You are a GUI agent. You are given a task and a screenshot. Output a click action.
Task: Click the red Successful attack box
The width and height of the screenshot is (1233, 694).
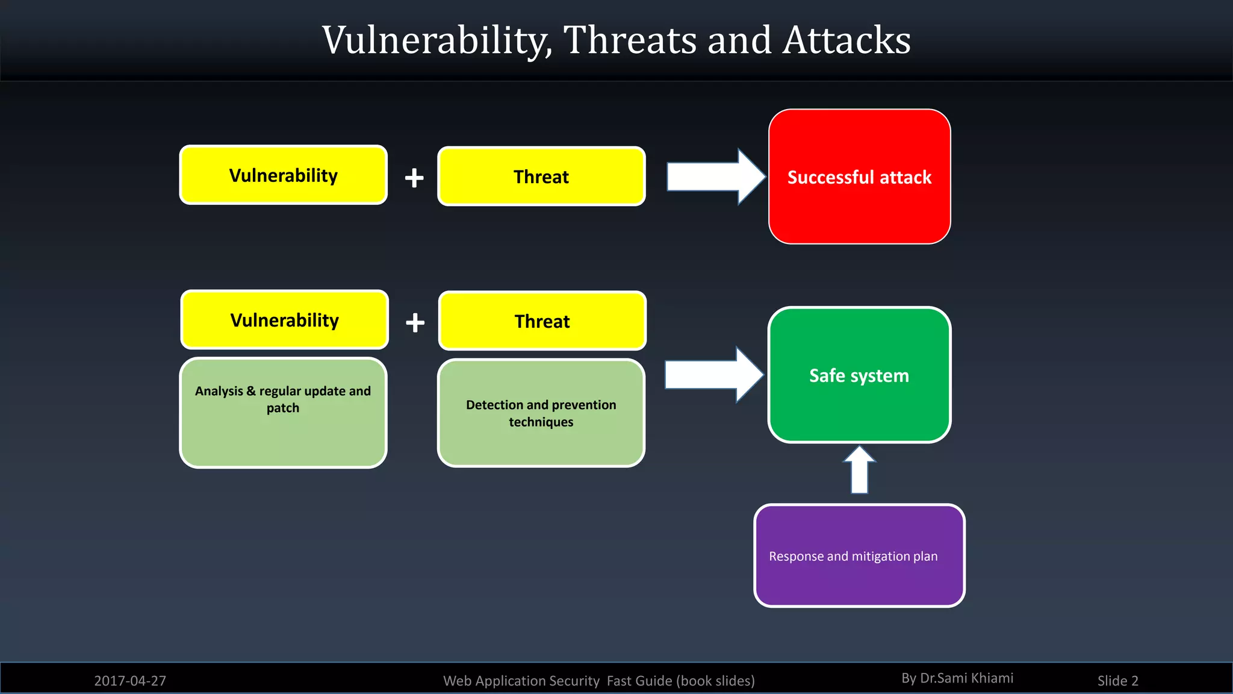(859, 177)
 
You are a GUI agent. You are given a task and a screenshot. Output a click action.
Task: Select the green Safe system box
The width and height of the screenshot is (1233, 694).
(859, 375)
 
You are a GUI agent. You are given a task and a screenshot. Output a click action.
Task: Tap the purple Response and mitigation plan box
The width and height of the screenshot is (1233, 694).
(859, 555)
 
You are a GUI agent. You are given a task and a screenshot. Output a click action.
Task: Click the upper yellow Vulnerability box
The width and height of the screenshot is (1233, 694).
(283, 175)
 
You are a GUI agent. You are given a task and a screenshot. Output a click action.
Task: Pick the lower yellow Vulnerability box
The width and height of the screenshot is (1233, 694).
(284, 319)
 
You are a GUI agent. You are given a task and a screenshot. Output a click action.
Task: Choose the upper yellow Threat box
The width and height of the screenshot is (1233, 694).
(541, 176)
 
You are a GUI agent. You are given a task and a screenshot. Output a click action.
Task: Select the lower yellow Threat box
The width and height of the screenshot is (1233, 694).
(542, 320)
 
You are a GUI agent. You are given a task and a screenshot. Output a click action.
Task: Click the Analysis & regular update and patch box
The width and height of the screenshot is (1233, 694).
(283, 413)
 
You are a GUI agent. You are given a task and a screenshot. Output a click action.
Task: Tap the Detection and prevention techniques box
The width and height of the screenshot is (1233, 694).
(541, 413)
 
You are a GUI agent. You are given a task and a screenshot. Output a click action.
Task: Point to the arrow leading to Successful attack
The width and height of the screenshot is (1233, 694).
(713, 177)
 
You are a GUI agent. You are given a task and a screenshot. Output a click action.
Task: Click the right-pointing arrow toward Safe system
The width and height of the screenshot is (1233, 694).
(712, 375)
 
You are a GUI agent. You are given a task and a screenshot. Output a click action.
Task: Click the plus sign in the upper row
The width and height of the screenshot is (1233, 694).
(414, 178)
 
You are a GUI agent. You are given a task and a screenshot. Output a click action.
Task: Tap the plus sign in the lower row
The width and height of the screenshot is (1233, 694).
(415, 322)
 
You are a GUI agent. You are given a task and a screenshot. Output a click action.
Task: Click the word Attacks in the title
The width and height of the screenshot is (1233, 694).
(847, 40)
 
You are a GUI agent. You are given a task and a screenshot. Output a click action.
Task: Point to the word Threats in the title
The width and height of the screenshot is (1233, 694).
(629, 40)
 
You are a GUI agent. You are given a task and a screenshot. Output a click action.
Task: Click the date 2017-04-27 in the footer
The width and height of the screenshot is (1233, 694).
(130, 681)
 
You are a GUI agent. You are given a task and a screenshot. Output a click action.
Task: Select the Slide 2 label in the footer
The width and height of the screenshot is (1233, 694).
(1117, 681)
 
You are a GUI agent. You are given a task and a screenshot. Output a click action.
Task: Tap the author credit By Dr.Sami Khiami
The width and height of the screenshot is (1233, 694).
(957, 678)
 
